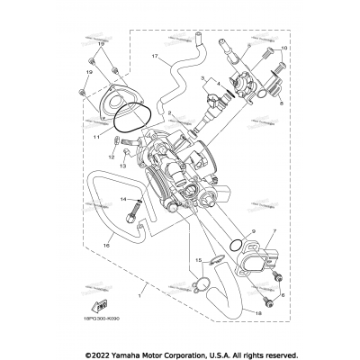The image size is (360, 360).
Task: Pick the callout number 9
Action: [x=279, y=231]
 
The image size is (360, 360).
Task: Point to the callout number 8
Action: [x=282, y=105]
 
